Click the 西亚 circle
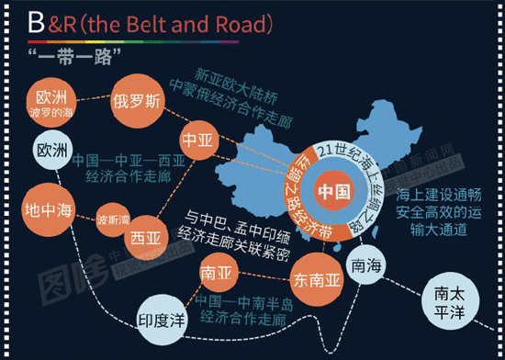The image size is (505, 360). pos(148,239)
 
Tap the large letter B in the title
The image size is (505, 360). pos(36,25)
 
